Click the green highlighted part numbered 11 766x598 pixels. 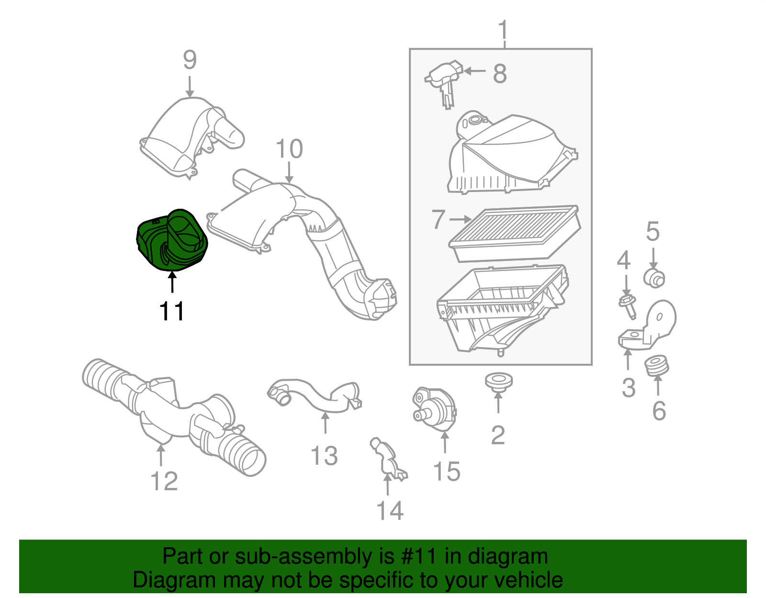(x=171, y=239)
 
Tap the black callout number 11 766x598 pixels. (x=171, y=312)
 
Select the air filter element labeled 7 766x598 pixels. (x=515, y=233)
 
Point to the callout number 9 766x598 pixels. (x=190, y=60)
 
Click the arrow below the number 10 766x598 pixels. (x=289, y=172)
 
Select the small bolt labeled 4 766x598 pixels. (x=628, y=306)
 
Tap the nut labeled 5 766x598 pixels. (x=654, y=278)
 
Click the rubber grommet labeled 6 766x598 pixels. (x=657, y=367)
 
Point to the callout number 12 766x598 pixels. (x=164, y=481)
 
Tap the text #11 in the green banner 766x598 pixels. (x=418, y=557)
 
